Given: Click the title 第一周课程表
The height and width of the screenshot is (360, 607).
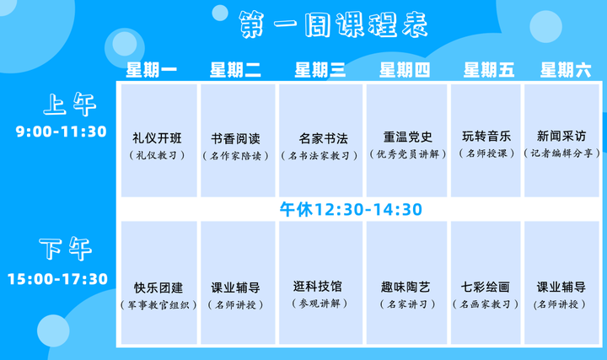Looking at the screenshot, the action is click(x=333, y=24).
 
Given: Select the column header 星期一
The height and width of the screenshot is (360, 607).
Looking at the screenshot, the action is click(x=152, y=70).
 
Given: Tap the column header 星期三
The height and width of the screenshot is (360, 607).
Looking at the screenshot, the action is click(x=320, y=70).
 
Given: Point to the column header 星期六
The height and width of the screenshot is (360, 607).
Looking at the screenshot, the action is click(x=566, y=70).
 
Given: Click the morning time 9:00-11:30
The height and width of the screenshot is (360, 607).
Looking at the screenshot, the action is click(x=62, y=132).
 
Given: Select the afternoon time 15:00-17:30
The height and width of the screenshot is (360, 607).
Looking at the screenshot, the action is click(x=57, y=279).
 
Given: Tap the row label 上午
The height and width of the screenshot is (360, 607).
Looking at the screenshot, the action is click(x=70, y=105).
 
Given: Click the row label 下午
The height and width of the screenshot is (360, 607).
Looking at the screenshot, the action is click(x=66, y=249).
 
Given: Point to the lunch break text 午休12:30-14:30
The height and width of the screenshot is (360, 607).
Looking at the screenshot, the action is click(x=351, y=209).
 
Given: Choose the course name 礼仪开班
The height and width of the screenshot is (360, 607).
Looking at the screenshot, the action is click(x=157, y=138).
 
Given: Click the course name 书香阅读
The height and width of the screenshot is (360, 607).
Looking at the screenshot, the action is click(x=235, y=138).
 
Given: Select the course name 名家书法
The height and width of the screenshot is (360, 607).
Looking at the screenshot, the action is click(x=323, y=138).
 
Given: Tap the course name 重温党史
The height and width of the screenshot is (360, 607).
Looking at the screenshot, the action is click(x=408, y=137).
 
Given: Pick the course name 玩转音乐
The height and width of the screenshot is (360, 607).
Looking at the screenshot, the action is click(x=486, y=137).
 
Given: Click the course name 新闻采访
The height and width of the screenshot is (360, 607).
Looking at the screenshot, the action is click(x=561, y=136).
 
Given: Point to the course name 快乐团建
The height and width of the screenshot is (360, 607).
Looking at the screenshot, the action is click(x=158, y=288).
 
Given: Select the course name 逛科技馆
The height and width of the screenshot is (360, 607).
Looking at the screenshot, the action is click(x=318, y=287).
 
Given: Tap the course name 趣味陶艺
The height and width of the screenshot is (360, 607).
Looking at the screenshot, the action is click(x=406, y=287).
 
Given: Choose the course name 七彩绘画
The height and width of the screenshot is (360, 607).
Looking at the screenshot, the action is click(x=485, y=287).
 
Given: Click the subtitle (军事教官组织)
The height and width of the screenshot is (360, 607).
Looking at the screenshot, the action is click(x=158, y=305).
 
